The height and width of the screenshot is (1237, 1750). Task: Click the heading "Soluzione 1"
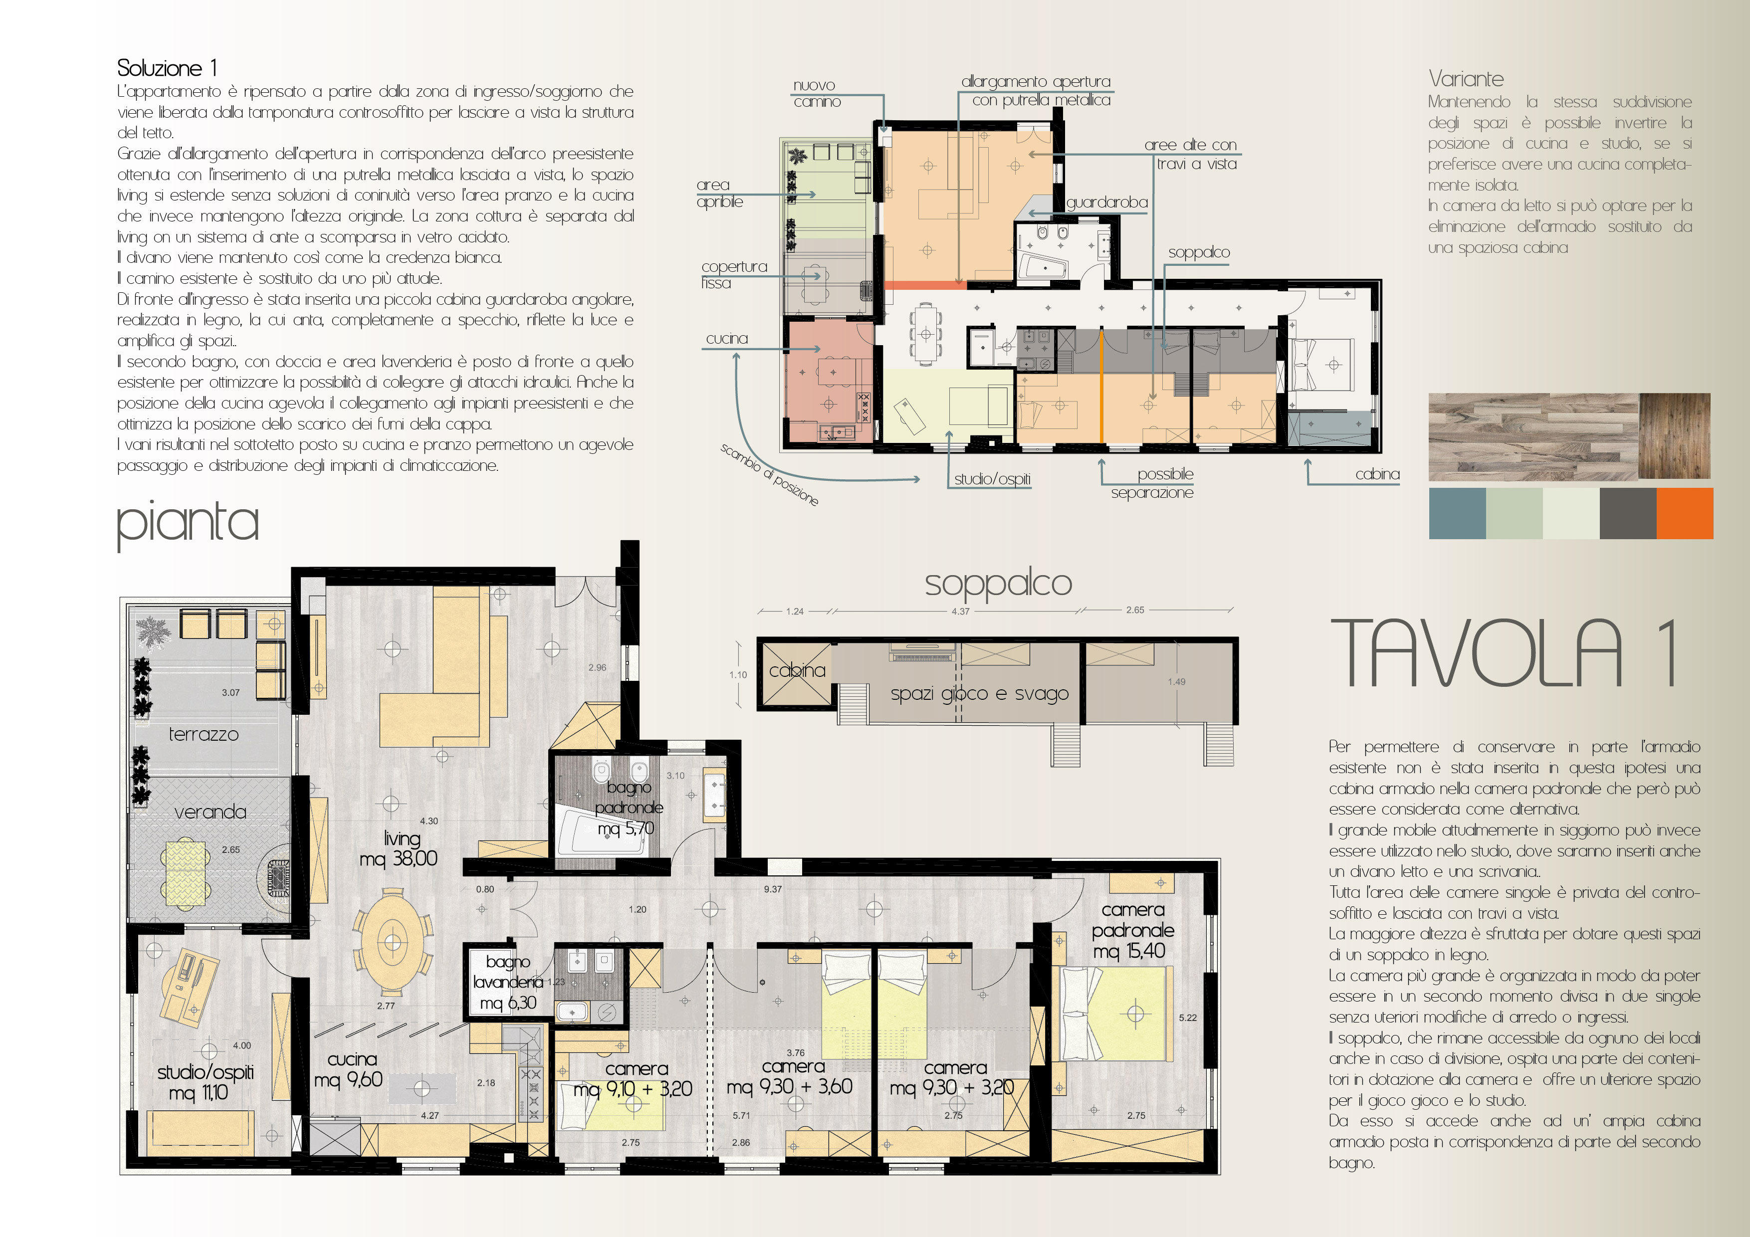point(167,68)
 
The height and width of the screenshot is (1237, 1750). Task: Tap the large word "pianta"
point(188,524)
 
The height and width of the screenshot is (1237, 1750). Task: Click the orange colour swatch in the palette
point(1685,514)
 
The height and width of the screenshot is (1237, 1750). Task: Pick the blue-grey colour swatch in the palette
point(1457,514)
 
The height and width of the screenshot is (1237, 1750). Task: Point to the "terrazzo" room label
point(204,734)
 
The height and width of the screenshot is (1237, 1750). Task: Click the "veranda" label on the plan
point(211,812)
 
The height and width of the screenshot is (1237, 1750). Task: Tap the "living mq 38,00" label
point(399,848)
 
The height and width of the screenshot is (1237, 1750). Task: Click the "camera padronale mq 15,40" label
point(1132,930)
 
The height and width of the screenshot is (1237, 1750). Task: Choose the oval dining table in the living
point(393,943)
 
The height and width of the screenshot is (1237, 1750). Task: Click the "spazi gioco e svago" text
point(979,694)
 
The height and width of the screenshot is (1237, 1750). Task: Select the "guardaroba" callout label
point(1106,202)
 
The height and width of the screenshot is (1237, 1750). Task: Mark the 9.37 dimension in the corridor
point(773,889)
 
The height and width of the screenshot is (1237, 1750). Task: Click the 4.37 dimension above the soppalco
point(960,611)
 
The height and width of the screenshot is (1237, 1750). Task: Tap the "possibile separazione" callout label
point(1152,483)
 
